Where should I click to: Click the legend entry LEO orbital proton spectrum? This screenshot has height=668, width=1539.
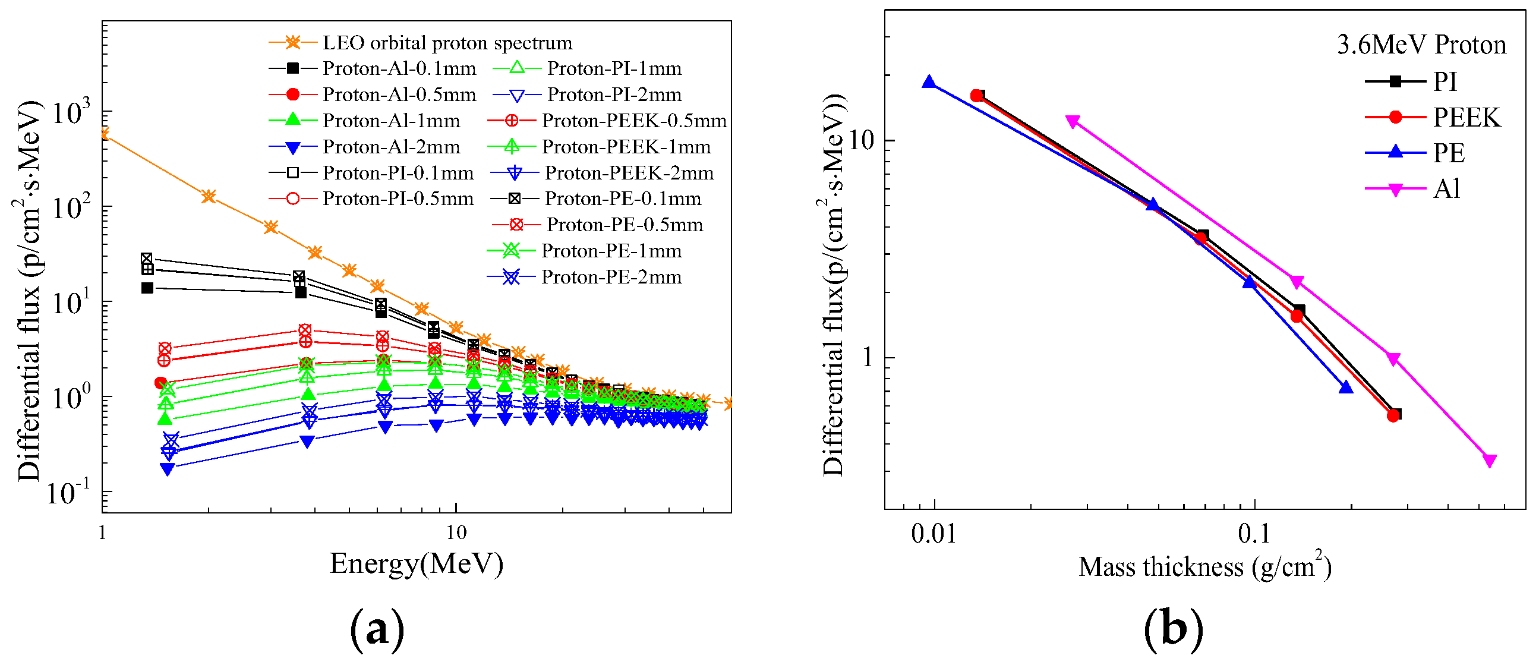(x=447, y=43)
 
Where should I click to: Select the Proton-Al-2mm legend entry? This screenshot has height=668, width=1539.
(x=391, y=147)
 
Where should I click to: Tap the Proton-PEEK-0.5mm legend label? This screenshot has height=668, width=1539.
(x=634, y=121)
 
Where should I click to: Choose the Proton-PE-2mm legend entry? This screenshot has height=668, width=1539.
(x=611, y=277)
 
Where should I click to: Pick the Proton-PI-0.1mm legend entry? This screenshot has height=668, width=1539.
(x=398, y=174)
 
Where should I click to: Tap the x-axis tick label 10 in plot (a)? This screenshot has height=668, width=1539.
(x=456, y=532)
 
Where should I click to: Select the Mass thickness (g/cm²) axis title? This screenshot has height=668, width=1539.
(x=1204, y=567)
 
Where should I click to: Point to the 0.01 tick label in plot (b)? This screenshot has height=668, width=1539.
(x=933, y=534)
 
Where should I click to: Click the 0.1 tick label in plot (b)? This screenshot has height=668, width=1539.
(x=1253, y=534)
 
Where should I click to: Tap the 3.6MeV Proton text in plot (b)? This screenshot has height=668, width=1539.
(x=1421, y=45)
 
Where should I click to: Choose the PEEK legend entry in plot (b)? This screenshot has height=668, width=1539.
(x=1466, y=118)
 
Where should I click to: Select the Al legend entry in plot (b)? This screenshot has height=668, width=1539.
(x=1446, y=190)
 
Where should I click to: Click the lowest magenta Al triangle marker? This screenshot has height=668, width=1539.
(x=1490, y=461)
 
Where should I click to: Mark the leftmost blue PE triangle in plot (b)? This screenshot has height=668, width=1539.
(x=928, y=83)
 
